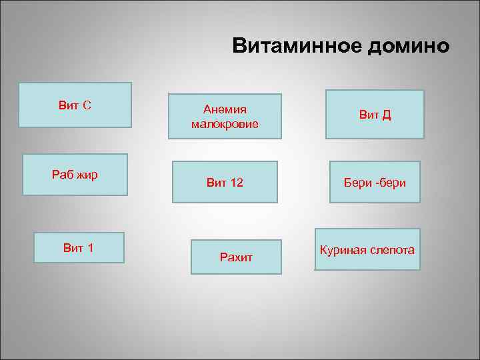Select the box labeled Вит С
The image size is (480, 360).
coord(75,105)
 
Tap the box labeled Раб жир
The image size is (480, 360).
coord(75,175)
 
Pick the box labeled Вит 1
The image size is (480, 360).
coord(79,247)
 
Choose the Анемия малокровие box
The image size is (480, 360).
coord(225,116)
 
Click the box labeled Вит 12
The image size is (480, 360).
coord(225,182)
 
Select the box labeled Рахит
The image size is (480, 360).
coord(236,257)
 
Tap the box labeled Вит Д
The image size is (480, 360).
coord(375,114)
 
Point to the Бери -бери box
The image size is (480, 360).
coord(375,182)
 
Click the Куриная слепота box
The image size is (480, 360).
coord(367,250)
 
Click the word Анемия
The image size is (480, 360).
coord(225,109)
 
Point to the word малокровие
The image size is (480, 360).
coord(225,124)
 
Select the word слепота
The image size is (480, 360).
coord(391,251)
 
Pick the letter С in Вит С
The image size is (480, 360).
coord(87,105)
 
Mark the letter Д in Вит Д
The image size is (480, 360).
coord(387,115)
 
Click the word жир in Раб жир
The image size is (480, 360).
coord(87,175)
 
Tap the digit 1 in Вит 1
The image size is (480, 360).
coord(90,249)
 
